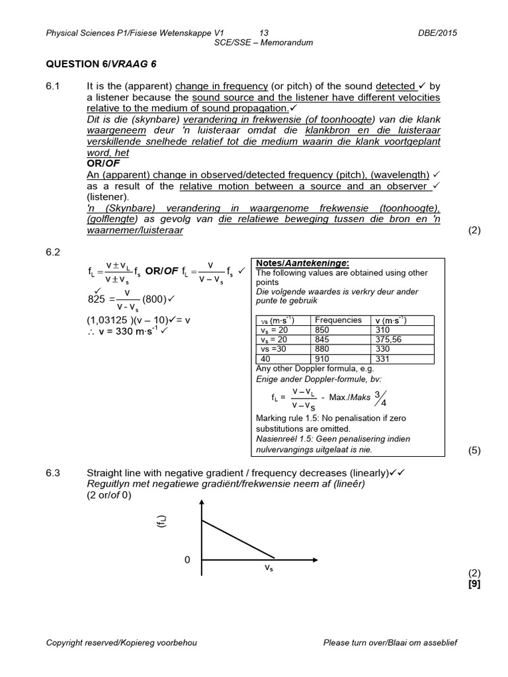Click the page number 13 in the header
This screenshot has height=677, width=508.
click(x=264, y=32)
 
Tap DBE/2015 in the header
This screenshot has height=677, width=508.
click(x=438, y=32)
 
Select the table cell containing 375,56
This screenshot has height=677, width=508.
click(x=391, y=339)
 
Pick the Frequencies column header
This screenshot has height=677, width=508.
click(x=338, y=320)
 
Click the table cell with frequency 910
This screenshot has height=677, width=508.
click(x=323, y=359)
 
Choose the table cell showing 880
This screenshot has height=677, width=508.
click(x=323, y=349)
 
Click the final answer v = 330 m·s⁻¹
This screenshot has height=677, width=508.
click(x=126, y=331)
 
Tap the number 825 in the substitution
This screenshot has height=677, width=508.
click(x=97, y=298)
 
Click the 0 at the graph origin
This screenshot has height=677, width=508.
click(x=187, y=560)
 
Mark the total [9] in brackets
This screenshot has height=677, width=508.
click(x=473, y=583)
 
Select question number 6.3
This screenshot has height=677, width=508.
click(x=53, y=473)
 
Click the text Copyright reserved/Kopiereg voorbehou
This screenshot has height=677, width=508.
click(x=122, y=643)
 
